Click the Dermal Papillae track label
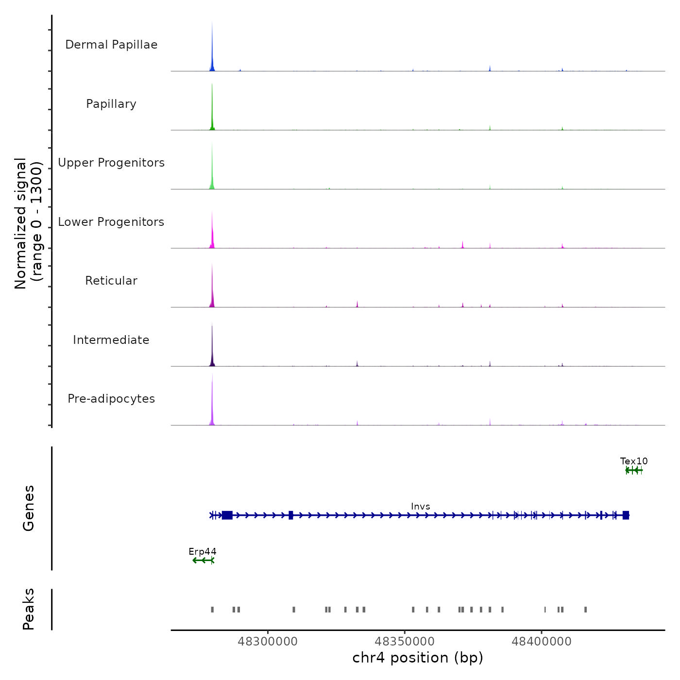click(x=111, y=45)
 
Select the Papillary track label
click(x=111, y=104)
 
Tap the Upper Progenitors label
click(x=111, y=163)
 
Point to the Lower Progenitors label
click(x=111, y=222)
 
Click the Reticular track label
click(x=111, y=281)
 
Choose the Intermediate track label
click(x=111, y=340)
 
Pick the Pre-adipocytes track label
click(x=111, y=399)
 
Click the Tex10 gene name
click(x=634, y=461)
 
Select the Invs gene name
click(x=421, y=507)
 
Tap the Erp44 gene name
click(x=203, y=552)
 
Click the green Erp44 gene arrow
click(x=203, y=561)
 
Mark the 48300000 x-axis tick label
click(x=268, y=642)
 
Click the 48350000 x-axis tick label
click(x=405, y=642)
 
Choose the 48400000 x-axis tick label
click(x=542, y=642)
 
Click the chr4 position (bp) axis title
click(x=418, y=658)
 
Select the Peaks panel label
click(x=29, y=609)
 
